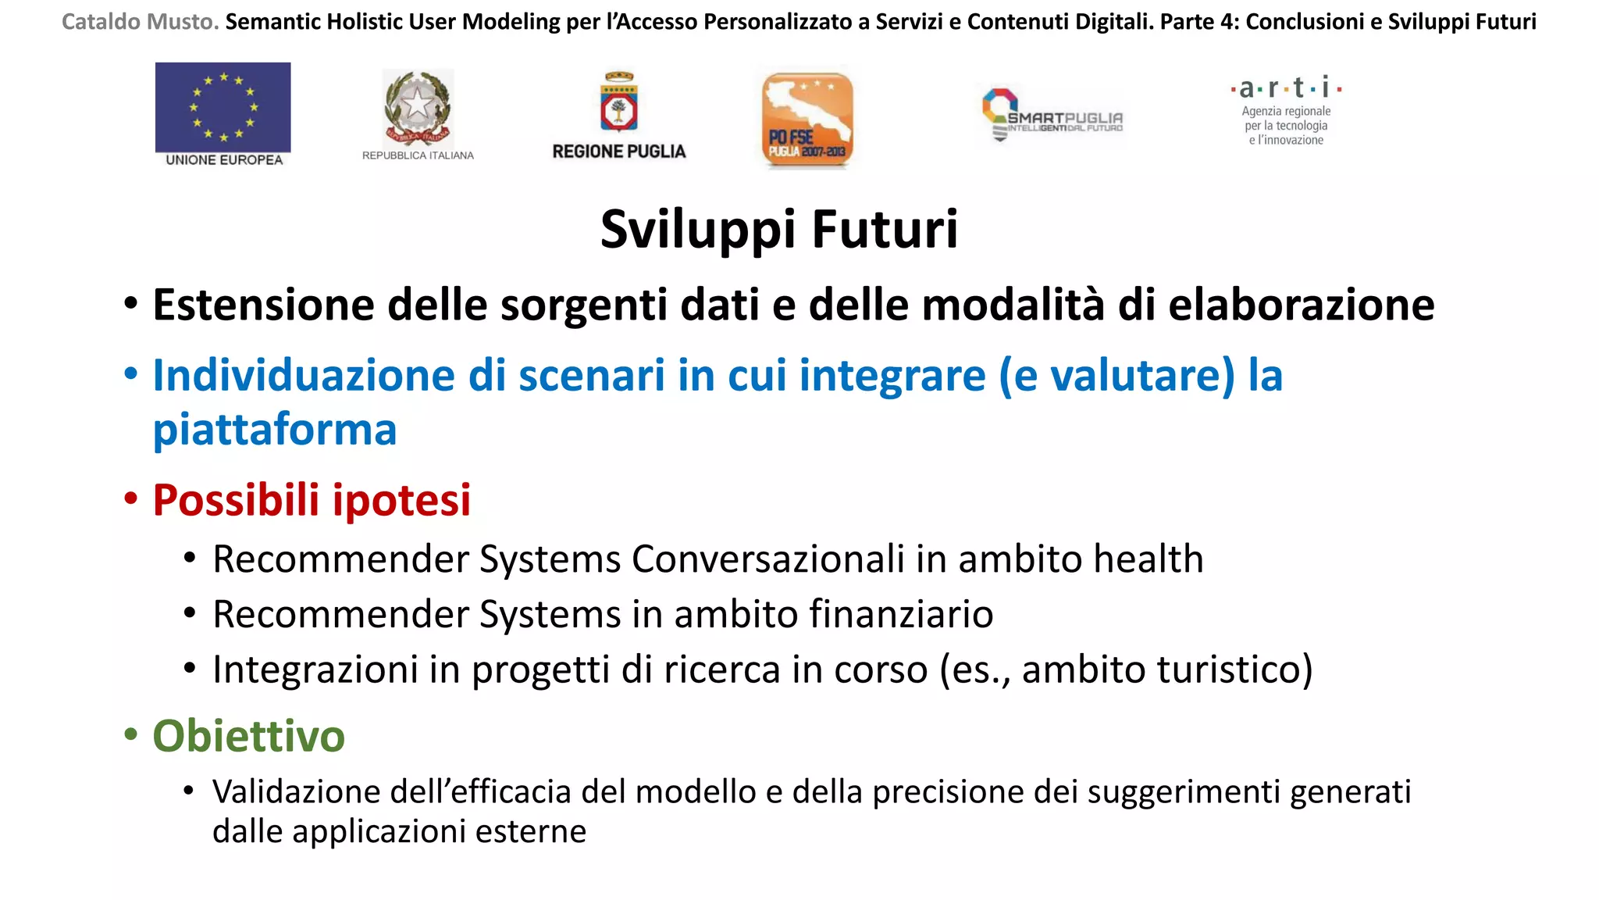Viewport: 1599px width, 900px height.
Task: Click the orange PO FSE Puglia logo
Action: point(807,120)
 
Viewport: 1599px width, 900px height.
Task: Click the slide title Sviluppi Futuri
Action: point(778,229)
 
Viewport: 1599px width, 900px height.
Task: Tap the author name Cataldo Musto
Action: point(141,22)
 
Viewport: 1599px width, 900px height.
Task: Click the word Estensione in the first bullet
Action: point(263,305)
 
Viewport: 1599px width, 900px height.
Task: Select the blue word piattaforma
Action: point(275,430)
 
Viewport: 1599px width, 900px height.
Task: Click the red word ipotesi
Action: point(401,500)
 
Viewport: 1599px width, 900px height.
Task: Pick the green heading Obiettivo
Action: point(248,736)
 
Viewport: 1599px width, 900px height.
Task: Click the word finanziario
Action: point(901,614)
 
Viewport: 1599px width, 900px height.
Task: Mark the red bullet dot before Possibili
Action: point(130,498)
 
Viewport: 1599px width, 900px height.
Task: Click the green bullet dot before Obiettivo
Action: point(130,734)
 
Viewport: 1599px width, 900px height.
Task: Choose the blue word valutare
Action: point(1141,376)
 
